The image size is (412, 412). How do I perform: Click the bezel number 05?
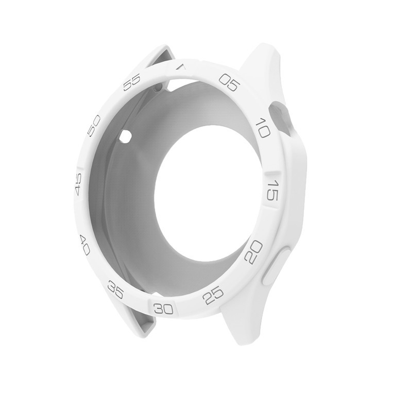pyautogui.click(x=230, y=82)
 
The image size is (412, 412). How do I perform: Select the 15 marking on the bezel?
pyautogui.click(x=272, y=190)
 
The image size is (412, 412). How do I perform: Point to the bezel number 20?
pyautogui.click(x=253, y=252)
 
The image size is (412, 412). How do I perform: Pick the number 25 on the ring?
pyautogui.click(x=213, y=295)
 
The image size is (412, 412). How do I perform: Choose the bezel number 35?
pyautogui.click(x=115, y=289)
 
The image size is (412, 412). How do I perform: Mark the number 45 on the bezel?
pyautogui.click(x=78, y=184)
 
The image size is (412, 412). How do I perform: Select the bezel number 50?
pyautogui.click(x=94, y=126)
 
